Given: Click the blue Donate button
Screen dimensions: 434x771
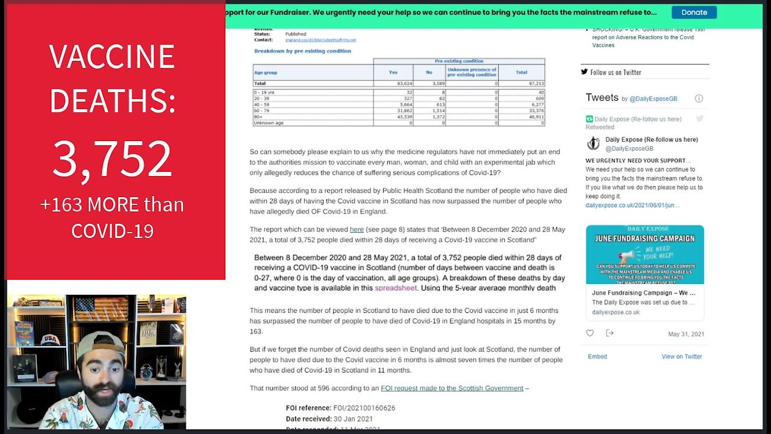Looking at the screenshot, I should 694,12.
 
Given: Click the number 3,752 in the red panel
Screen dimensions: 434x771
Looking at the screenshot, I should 112,159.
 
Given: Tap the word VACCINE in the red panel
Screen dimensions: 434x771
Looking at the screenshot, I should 112,57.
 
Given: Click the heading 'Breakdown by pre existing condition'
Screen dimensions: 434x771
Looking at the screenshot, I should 302,51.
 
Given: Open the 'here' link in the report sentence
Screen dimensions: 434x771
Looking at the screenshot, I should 357,230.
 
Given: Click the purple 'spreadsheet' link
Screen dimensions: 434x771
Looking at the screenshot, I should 396,288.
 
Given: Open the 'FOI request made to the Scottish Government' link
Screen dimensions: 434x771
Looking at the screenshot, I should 452,388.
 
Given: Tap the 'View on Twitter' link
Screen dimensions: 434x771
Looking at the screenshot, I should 681,356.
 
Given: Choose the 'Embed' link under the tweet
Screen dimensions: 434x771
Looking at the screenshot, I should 597,356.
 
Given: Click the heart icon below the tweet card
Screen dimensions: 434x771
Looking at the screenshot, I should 590,333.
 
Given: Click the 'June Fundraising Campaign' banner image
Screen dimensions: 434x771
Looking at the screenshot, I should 645,254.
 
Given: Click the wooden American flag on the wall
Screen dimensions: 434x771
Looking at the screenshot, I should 101,309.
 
